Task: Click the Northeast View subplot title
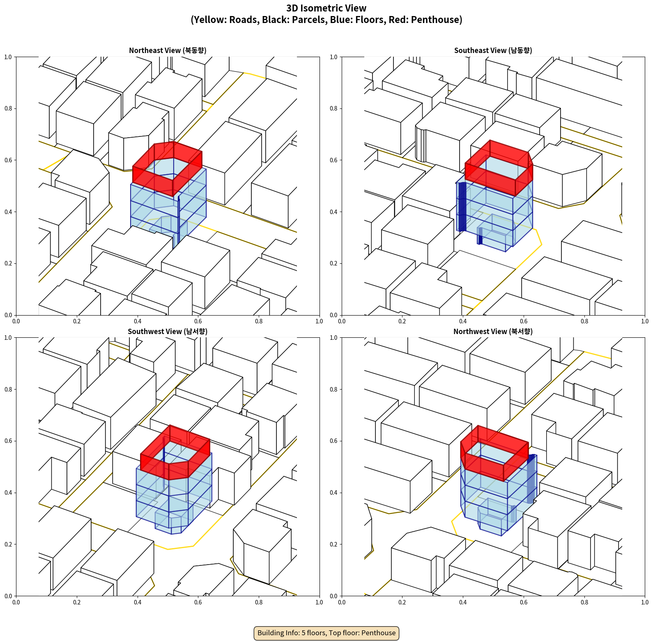(168, 51)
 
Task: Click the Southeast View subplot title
(493, 51)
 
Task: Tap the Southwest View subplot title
(168, 332)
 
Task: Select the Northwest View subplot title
(493, 332)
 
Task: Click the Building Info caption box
(326, 633)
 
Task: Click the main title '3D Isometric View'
(326, 8)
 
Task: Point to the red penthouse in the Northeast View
(167, 168)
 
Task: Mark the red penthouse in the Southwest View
(175, 452)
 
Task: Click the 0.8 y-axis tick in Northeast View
(8, 108)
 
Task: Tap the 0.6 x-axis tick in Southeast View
(524, 321)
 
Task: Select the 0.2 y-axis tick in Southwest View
(8, 544)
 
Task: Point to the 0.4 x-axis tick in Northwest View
(463, 602)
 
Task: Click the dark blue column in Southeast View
(462, 207)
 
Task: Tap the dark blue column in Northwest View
(531, 479)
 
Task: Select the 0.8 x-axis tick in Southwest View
(259, 602)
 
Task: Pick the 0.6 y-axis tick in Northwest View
(333, 441)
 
